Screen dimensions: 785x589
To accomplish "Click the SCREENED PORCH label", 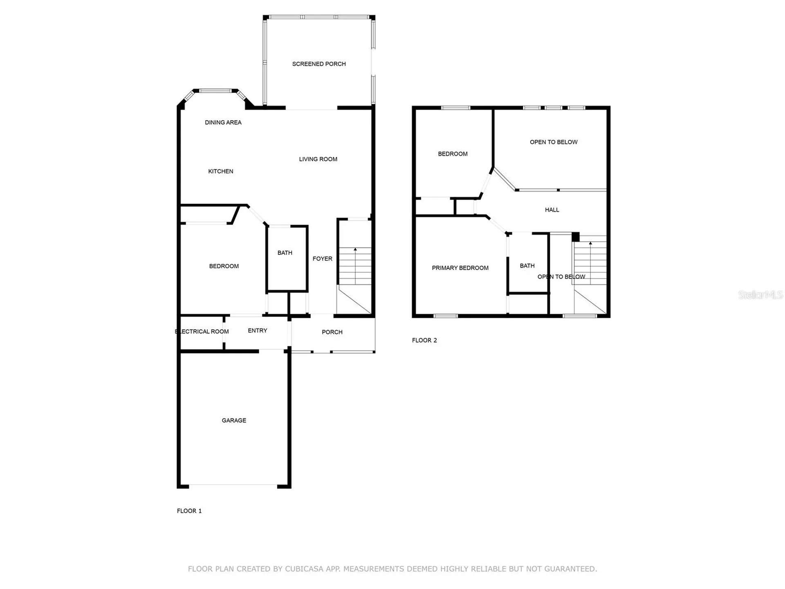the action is point(319,64).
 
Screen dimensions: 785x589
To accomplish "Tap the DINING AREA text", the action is point(223,122).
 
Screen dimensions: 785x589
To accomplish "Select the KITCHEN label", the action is point(221,171).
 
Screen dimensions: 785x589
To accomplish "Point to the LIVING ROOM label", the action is point(318,159).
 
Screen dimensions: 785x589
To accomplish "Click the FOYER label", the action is point(323,259).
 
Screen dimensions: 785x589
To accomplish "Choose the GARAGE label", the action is point(234,420).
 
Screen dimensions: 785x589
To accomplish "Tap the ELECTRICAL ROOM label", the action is point(202,331).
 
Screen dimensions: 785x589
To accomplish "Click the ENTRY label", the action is point(258,330).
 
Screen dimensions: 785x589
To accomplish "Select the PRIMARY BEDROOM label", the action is point(460,268).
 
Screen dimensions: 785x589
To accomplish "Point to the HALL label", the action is point(552,210).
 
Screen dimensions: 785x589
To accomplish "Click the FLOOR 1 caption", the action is point(189,511).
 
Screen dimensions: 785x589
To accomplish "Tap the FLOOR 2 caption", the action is point(424,340).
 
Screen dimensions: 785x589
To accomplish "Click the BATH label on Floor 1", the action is point(285,253).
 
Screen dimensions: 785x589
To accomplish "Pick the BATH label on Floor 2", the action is point(527,266).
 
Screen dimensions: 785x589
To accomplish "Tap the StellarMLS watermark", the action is point(760,294).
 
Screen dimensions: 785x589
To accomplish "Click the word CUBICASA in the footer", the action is point(303,569).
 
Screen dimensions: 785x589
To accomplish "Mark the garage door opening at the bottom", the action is point(233,486).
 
